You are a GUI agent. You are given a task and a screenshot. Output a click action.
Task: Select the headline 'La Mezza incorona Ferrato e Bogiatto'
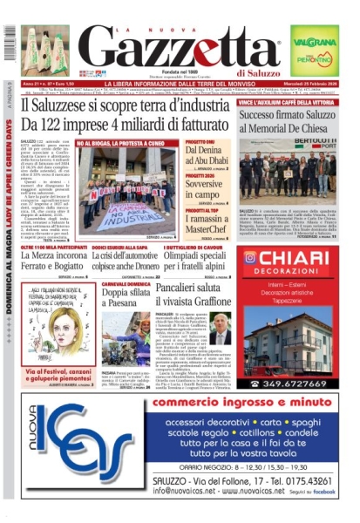click(x=58, y=264)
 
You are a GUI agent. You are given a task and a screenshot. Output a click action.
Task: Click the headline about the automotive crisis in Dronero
click(x=133, y=264)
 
